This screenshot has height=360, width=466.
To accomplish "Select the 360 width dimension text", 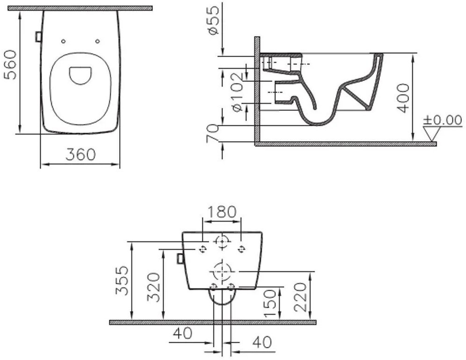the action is (80, 154).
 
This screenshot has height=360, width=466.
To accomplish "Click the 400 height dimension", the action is (403, 98).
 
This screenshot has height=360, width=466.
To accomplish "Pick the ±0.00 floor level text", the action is (443, 120).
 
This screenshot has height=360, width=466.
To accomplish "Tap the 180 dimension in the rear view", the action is (222, 212).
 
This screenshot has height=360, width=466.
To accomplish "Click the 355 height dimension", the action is (122, 281).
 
